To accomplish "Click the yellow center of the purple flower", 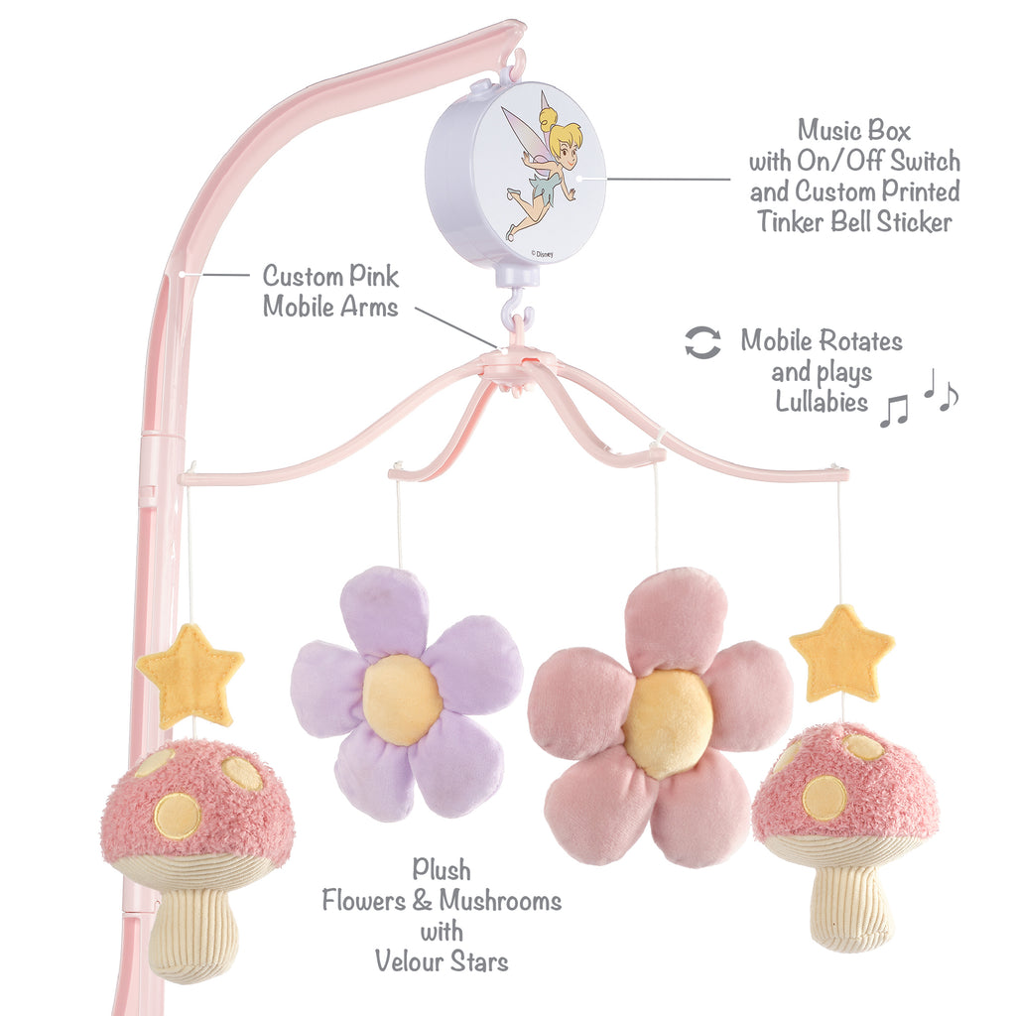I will tap(402, 698).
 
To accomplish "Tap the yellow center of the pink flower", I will tap(668, 723).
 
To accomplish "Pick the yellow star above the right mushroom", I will tap(842, 654).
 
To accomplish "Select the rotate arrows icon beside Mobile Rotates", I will tap(702, 342).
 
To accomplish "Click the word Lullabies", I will tap(821, 403).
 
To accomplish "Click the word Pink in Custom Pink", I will tap(372, 275).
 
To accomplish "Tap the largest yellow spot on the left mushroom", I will tap(177, 815).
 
